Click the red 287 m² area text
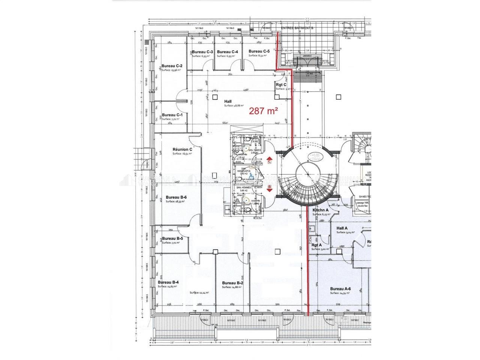pyautogui.click(x=264, y=111)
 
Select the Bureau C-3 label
pyautogui.click(x=203, y=52)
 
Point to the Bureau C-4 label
pyautogui.click(x=227, y=52)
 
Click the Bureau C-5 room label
pyautogui.click(x=259, y=51)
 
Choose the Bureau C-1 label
pyautogui.click(x=172, y=115)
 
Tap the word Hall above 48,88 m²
pyautogui.click(x=228, y=101)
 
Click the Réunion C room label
pyautogui.click(x=182, y=149)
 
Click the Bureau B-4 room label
pyautogui.click(x=168, y=282)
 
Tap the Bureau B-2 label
pyautogui.click(x=233, y=283)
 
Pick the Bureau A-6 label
pyautogui.click(x=340, y=289)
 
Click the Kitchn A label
pyautogui.click(x=321, y=210)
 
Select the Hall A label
pyautogui.click(x=342, y=228)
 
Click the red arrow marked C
pyautogui.click(x=269, y=161)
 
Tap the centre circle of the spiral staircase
pyautogui.click(x=308, y=175)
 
